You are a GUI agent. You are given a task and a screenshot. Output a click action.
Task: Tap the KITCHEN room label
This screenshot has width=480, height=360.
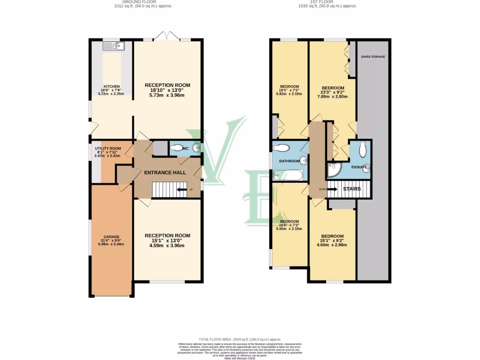(112, 87)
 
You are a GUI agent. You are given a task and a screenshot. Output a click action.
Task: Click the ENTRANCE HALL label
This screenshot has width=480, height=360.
(165, 172)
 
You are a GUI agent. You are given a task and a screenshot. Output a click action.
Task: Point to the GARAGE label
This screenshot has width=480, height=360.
(112, 237)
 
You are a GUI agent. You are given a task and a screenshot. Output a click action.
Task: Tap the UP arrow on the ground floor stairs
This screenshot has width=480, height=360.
(182, 189)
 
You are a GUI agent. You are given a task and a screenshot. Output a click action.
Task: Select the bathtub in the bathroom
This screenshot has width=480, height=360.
(288, 176)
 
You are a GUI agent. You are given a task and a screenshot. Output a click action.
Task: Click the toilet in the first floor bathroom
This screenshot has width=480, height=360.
(281, 148)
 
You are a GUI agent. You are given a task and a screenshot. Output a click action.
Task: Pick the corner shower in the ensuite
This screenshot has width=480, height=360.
(334, 170)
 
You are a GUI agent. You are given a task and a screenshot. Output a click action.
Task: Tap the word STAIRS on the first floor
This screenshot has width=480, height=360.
(352, 189)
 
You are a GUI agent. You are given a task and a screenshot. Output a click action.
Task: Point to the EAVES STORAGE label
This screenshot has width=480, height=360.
(373, 57)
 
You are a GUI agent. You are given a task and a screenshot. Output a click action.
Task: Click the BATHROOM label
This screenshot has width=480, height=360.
(289, 161)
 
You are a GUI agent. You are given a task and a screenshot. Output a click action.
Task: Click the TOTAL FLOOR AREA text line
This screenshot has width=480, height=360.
(240, 338)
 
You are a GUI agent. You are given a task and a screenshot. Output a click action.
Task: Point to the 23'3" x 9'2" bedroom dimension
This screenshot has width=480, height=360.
(333, 92)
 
